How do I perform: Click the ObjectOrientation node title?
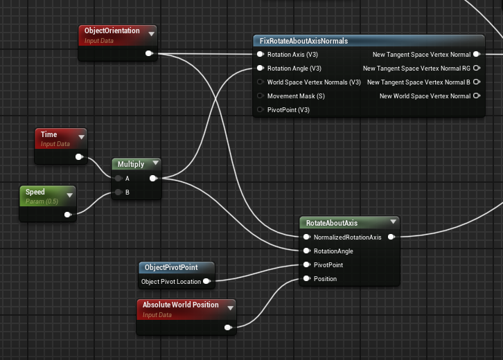(112, 31)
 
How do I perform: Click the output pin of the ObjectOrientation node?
(149, 53)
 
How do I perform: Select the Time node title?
(48, 135)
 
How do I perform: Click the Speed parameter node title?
(35, 192)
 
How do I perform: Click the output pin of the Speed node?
(68, 215)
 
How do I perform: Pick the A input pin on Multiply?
(118, 179)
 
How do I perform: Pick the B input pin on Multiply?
(118, 192)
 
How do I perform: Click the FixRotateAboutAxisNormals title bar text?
(303, 42)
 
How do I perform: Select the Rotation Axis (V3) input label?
(294, 55)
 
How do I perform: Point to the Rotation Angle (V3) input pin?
(260, 69)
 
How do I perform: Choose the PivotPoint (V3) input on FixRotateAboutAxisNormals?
(260, 110)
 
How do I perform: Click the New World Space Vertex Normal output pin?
(476, 96)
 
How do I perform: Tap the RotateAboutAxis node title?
(331, 223)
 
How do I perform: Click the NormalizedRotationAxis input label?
(347, 237)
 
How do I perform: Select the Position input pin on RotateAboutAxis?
(306, 279)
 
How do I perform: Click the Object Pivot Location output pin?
(206, 282)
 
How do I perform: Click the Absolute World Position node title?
(180, 305)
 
